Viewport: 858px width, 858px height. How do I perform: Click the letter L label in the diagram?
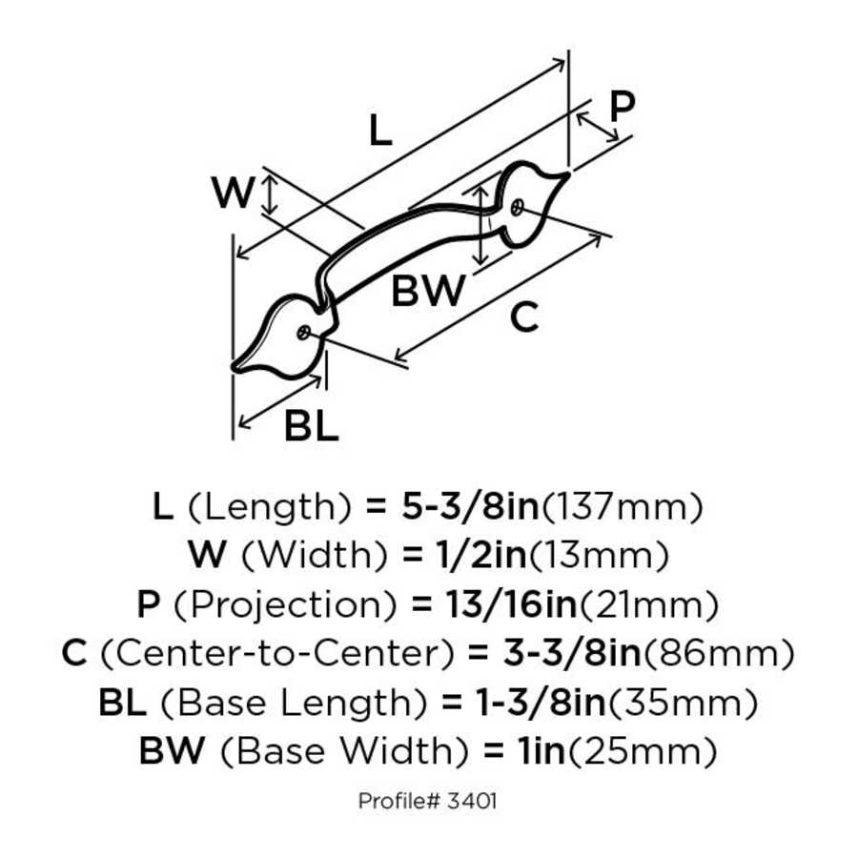pyautogui.click(x=380, y=130)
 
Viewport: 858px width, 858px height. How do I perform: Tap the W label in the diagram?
pyautogui.click(x=233, y=194)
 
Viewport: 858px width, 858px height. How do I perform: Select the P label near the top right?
pyautogui.click(x=622, y=107)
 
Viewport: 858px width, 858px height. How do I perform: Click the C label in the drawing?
pyautogui.click(x=523, y=317)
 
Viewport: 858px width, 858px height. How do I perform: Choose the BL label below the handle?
pyautogui.click(x=311, y=427)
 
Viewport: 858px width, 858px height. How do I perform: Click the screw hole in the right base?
pyautogui.click(x=516, y=205)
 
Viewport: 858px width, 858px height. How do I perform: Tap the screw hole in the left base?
pyautogui.click(x=303, y=333)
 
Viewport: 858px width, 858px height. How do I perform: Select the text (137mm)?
pyautogui.click(x=622, y=506)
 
